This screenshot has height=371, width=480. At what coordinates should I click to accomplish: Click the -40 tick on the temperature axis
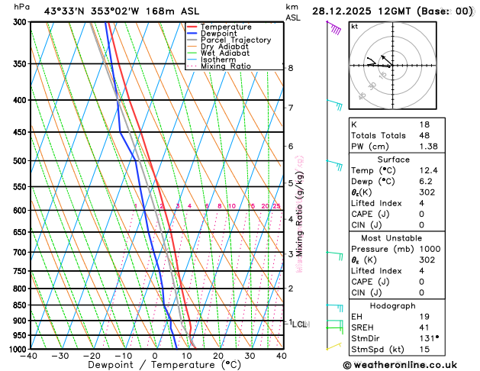click(x=30, y=356)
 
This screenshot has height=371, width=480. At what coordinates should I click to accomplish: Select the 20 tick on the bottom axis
click(x=218, y=356)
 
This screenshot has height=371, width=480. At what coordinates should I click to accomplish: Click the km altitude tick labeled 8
click(x=291, y=68)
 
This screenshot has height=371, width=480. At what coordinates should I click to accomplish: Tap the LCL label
click(x=299, y=324)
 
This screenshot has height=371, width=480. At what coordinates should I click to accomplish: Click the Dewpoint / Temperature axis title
click(x=156, y=365)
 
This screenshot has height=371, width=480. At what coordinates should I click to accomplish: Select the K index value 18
click(x=424, y=124)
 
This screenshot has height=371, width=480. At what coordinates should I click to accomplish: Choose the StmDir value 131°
click(x=428, y=337)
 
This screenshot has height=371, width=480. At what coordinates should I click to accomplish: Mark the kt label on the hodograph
click(x=355, y=26)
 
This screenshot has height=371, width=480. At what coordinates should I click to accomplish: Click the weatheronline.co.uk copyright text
click(x=409, y=365)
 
